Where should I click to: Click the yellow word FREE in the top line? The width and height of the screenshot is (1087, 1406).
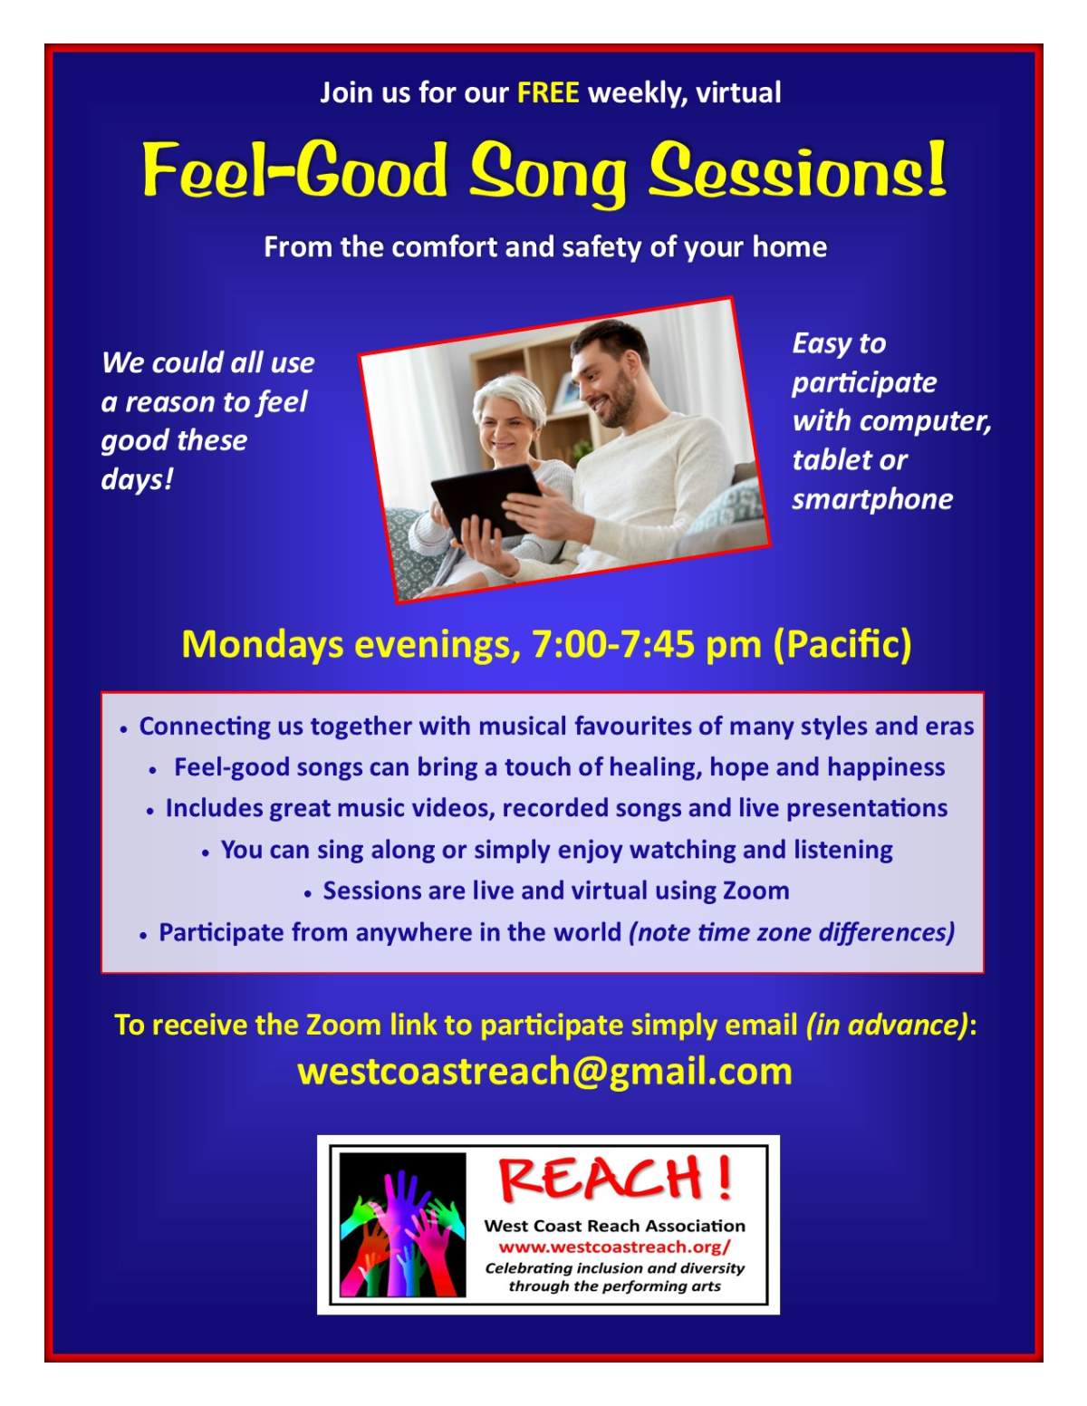coord(548,93)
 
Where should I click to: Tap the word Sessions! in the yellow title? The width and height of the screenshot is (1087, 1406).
coord(798,171)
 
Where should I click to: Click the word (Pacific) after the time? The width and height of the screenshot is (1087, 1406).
coord(842,645)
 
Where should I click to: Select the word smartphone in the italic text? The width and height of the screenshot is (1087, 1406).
coord(872,499)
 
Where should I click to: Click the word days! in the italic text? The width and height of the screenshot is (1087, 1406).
coord(137,479)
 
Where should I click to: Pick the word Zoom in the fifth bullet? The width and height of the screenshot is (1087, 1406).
coord(755,891)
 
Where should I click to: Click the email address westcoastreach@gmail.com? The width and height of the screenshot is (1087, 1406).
coord(544,1071)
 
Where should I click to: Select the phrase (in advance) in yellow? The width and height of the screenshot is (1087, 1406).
coord(887,1025)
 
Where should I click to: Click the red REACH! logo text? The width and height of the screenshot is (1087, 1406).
coord(614,1179)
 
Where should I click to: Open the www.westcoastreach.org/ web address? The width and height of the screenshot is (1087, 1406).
coord(614,1247)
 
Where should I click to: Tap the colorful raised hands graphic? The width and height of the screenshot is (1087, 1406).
coord(401,1225)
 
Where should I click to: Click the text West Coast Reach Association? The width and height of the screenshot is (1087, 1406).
coord(614,1226)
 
